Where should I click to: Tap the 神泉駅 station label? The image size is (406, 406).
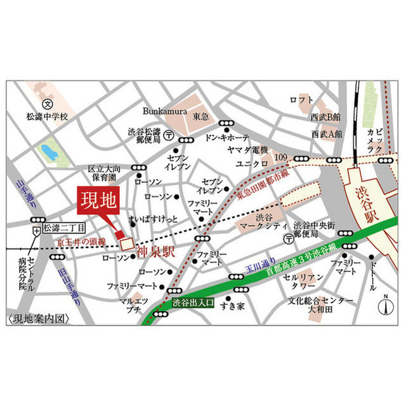click(x=155, y=252)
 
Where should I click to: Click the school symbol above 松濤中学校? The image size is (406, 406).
click(x=46, y=104)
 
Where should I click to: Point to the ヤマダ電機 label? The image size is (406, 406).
click(x=248, y=151)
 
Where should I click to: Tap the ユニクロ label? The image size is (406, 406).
click(x=249, y=164)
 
